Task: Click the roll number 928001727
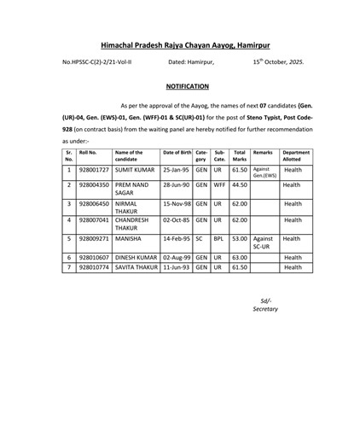94,171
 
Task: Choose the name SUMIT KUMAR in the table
135,171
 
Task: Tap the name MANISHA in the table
129,240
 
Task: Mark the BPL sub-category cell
218,240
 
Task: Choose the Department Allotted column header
296,155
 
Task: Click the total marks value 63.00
240,257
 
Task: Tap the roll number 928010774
94,267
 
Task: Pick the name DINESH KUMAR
136,257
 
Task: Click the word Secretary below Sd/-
265,309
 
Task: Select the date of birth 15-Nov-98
176,205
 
